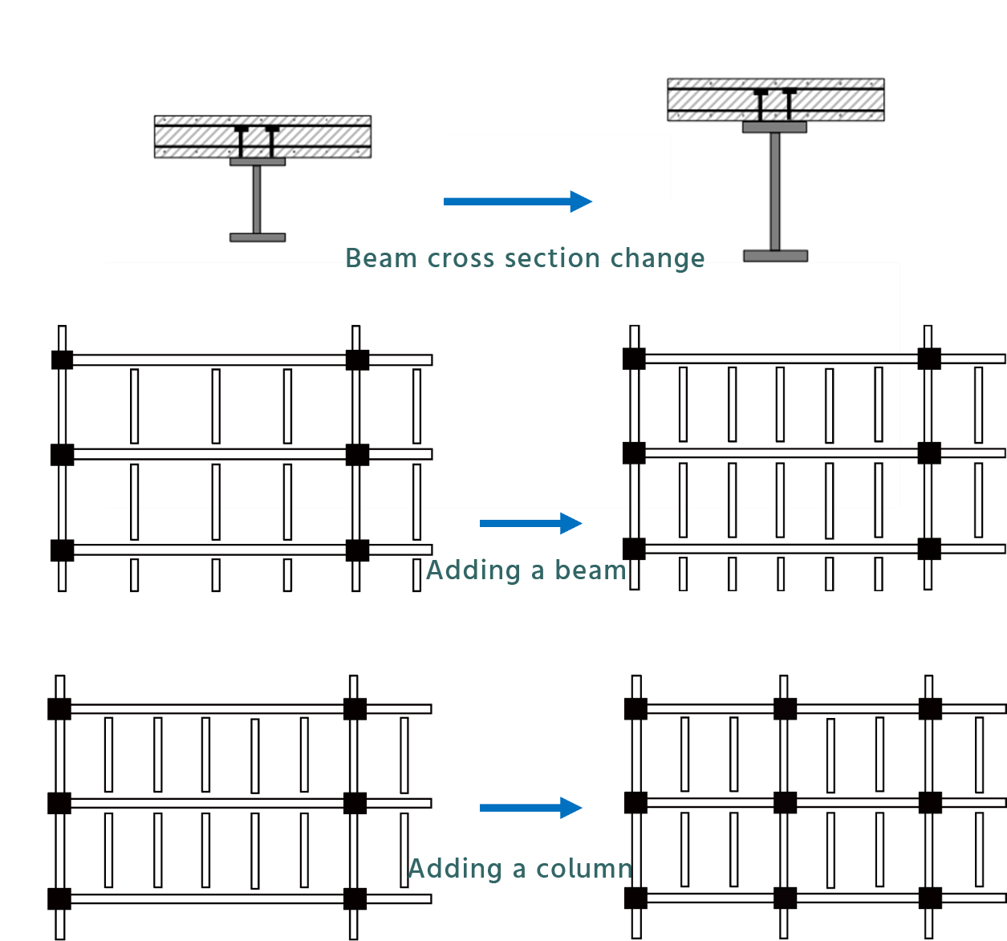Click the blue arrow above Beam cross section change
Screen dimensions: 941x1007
click(x=518, y=201)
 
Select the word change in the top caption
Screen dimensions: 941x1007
click(x=657, y=258)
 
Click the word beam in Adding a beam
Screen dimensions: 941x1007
click(x=590, y=570)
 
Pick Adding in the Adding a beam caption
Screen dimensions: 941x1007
click(x=473, y=570)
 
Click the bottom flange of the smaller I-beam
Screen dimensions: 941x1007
click(x=258, y=237)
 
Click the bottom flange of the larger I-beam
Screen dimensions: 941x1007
click(x=775, y=256)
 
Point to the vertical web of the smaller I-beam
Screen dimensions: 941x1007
click(x=257, y=200)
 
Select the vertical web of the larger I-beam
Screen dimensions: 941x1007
click(x=774, y=192)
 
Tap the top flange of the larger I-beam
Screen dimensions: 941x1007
click(x=774, y=127)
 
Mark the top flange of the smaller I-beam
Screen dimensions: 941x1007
click(x=258, y=162)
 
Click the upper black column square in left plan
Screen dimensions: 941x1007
click(x=357, y=360)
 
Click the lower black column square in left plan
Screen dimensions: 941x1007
click(x=357, y=455)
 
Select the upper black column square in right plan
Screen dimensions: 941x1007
click(x=634, y=359)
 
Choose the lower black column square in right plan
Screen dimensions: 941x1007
click(x=634, y=453)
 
